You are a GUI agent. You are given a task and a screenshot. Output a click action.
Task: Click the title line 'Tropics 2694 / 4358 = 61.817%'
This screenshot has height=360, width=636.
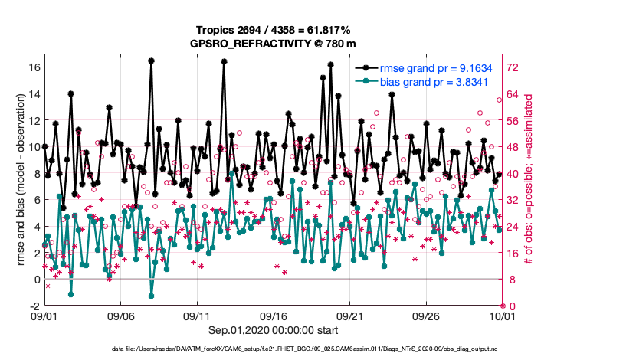tap(273, 30)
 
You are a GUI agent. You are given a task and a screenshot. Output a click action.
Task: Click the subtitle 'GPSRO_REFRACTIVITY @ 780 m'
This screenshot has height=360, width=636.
tap(273, 44)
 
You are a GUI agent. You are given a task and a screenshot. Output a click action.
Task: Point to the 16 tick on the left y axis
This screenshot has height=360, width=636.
tap(34, 67)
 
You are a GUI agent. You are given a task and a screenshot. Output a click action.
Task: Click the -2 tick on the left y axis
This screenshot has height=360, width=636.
tap(34, 306)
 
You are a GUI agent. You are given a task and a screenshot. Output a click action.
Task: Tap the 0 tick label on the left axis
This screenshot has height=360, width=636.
tap(36, 280)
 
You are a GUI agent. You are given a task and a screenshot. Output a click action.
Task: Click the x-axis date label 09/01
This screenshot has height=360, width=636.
tap(44, 316)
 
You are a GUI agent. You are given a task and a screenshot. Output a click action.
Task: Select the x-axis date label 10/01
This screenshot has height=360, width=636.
tap(502, 316)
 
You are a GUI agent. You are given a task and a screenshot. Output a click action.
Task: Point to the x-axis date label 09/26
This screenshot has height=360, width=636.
tap(425, 316)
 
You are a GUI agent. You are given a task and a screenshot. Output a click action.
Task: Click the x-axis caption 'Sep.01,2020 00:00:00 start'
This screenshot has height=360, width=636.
tap(273, 330)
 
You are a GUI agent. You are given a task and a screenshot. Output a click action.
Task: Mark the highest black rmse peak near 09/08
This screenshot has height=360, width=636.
tap(152, 61)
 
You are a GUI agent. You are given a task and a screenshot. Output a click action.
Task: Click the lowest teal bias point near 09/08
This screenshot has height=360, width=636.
tap(151, 296)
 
